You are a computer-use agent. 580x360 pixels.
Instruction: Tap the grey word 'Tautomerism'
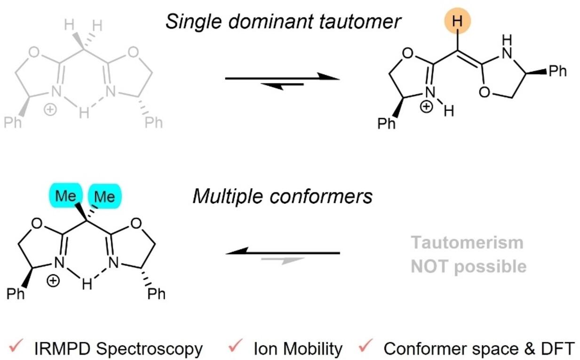(467, 243)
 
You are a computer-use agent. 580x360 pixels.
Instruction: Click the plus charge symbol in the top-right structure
(426, 107)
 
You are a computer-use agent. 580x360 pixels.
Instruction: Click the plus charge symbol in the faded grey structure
(50, 110)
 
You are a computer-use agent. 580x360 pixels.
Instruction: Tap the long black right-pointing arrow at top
(282, 78)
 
